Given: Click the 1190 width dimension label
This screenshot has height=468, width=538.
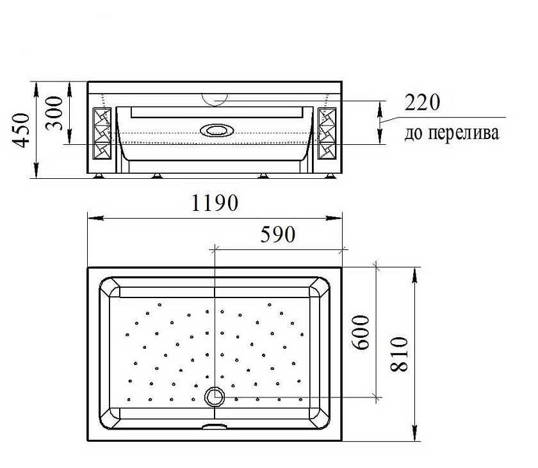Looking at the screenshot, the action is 214,203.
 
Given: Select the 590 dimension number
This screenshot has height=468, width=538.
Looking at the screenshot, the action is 277,234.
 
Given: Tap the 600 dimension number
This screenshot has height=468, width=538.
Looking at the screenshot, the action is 362,332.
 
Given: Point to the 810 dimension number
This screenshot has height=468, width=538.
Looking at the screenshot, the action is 400,354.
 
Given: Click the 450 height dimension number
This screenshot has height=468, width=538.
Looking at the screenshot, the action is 21,130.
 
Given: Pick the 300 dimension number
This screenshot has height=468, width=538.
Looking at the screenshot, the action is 54,113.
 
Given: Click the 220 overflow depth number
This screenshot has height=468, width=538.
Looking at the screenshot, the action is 422,102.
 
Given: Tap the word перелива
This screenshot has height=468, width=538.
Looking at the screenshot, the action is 464,133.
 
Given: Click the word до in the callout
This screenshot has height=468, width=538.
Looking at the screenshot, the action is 414,133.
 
